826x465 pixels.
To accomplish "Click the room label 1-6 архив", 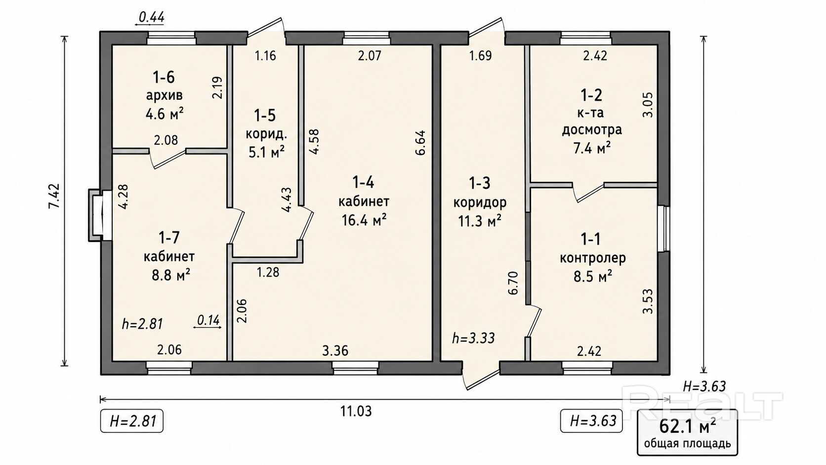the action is [x=164, y=86].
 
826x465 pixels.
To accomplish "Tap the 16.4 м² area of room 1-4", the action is [x=364, y=220].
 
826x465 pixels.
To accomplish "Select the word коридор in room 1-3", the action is [x=480, y=203].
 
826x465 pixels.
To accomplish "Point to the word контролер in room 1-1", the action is [x=593, y=258].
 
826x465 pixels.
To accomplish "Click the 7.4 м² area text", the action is [x=592, y=148].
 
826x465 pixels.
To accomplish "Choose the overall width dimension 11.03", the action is [x=356, y=411].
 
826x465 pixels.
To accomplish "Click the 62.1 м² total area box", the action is [x=688, y=432].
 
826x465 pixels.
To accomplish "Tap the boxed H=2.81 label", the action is [x=131, y=421].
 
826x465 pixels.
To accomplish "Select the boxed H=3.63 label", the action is [x=591, y=421].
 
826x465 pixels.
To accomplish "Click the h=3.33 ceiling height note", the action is [x=473, y=338].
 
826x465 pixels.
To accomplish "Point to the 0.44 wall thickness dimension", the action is [x=150, y=18].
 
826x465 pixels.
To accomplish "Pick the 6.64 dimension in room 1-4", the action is [x=421, y=142].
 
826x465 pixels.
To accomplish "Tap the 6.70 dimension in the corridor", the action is [x=513, y=283].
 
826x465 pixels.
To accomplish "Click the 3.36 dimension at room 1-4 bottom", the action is [x=335, y=350].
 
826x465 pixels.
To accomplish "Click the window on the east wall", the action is [x=664, y=229].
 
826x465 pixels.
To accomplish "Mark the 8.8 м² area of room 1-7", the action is [x=171, y=275].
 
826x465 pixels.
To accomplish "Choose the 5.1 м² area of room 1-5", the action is [x=267, y=152].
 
